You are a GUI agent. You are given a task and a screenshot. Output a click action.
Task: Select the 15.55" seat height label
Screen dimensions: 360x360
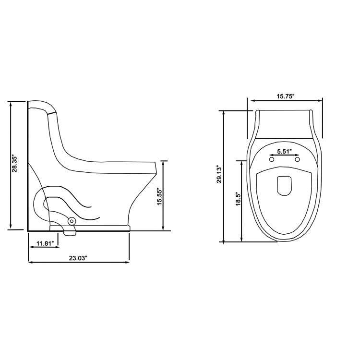160,195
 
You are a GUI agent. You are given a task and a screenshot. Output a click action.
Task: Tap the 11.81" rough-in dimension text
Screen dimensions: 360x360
44,243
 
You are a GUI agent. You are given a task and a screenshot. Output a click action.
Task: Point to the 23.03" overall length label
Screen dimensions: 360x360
78,258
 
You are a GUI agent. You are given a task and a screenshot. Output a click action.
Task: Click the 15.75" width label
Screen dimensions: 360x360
285,96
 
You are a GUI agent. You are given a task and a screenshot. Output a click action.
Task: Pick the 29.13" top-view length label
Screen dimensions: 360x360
219,175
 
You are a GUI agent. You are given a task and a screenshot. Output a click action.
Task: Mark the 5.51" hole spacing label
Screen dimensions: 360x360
285,151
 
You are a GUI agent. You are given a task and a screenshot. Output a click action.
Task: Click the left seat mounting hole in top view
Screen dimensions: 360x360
272,159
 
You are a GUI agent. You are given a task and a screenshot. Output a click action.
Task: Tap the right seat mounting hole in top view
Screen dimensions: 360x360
297,159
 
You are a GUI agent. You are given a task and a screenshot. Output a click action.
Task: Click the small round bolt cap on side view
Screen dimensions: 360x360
72,221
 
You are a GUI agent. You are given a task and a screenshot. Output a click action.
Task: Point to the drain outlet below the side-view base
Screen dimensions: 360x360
70,232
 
